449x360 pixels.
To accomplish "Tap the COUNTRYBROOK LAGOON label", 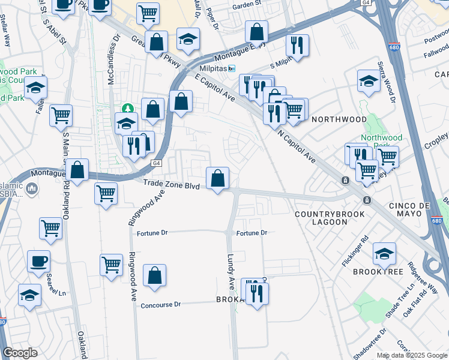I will click(x=321, y=218).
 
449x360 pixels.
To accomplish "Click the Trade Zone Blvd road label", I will click(x=171, y=186).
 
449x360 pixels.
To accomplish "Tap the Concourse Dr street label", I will click(x=160, y=305).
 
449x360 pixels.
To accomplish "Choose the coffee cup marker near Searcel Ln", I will click(x=38, y=261).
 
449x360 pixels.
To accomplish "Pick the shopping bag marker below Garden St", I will click(x=257, y=31).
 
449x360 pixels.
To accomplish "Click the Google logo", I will click(x=20, y=353).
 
